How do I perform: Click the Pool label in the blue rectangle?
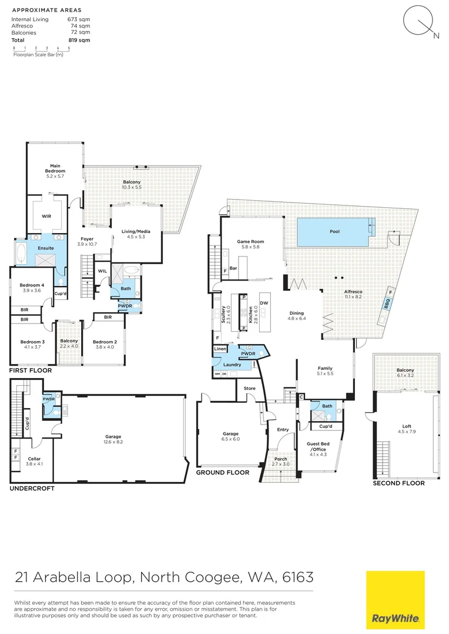tap(334, 231)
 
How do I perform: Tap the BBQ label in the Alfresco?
tap(387, 305)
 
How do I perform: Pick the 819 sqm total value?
tap(79, 40)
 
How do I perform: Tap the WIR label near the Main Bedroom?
tap(46, 216)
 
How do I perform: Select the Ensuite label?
tap(46, 248)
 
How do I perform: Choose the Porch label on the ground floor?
tap(277, 461)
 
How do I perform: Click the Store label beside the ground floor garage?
tap(249, 387)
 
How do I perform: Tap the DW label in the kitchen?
tap(264, 303)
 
